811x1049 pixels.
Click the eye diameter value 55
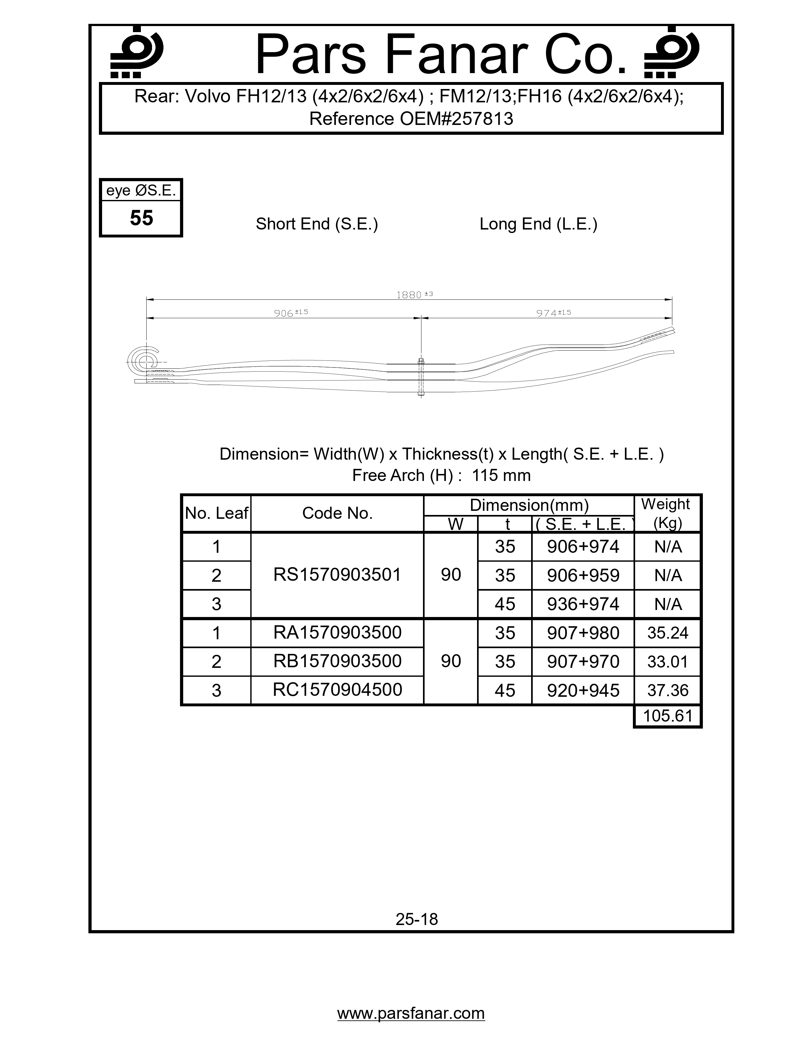(x=141, y=218)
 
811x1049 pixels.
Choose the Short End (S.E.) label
(x=317, y=224)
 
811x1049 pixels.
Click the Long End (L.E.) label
(x=538, y=224)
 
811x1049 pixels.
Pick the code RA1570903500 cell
(x=337, y=633)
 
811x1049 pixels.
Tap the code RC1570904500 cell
(x=337, y=690)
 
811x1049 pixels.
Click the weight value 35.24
(x=667, y=633)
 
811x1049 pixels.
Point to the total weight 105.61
(x=667, y=716)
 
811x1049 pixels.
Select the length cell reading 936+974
(x=583, y=604)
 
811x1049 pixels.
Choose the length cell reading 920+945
(x=583, y=690)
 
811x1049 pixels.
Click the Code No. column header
(x=337, y=513)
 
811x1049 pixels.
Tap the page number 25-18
(x=417, y=919)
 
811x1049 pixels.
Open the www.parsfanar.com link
(x=411, y=1013)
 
